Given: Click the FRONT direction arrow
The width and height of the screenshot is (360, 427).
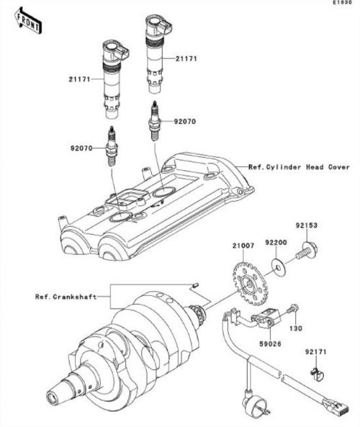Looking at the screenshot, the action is click(28, 21).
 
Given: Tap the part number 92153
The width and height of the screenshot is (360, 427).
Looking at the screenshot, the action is click(307, 225).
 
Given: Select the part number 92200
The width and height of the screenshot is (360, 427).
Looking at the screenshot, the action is click(276, 242).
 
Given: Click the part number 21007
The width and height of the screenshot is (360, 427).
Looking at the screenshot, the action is click(243, 246).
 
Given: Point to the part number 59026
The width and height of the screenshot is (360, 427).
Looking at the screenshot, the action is click(271, 344).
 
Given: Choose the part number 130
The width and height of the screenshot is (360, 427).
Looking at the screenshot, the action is click(296, 328).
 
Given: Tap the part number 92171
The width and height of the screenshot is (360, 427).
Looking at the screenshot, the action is click(315, 352).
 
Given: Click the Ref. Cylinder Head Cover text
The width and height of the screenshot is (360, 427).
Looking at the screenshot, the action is click(299, 167).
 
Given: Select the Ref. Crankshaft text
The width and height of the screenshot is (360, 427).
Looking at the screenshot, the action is click(66, 297).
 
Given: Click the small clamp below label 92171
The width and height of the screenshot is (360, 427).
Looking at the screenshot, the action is click(317, 373).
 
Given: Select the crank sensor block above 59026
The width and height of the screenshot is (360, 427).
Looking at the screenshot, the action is click(266, 318).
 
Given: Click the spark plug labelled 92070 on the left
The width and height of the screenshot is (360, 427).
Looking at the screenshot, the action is click(111, 145).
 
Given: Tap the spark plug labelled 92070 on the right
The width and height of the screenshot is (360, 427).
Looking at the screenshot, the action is click(155, 121).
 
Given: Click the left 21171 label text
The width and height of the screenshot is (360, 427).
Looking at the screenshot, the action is click(79, 79).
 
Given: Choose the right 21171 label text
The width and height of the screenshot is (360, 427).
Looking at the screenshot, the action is click(186, 58).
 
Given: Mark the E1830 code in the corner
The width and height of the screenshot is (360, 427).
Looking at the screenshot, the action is click(343, 2).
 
